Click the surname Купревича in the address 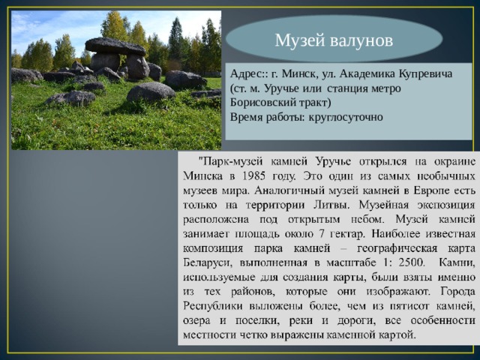click(x=437, y=75)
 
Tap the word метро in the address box click(x=382, y=89)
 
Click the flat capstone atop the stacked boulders click(x=114, y=46)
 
